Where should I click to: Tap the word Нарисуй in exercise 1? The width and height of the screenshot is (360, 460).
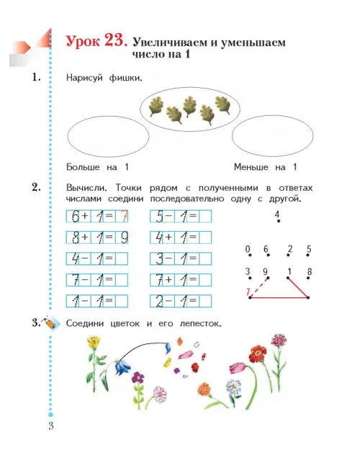(84, 78)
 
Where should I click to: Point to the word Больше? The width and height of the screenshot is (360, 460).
(83, 167)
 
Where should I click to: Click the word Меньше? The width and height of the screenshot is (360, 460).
(251, 167)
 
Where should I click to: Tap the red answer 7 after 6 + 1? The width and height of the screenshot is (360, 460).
(124, 217)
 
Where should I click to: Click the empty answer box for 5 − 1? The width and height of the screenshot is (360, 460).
(205, 217)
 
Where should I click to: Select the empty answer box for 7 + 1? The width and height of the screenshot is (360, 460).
(205, 280)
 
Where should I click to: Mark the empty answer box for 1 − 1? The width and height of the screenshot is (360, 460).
(122, 301)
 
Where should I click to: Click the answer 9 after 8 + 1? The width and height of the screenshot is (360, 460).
(125, 238)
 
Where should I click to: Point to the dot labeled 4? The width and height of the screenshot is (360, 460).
(279, 221)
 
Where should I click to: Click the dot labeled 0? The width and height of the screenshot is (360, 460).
(250, 256)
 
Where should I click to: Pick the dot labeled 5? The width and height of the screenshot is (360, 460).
(308, 256)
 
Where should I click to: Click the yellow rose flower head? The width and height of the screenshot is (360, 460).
(94, 343)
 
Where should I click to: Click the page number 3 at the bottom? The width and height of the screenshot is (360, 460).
(51, 425)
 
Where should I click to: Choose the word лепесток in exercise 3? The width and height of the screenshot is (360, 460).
(200, 324)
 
